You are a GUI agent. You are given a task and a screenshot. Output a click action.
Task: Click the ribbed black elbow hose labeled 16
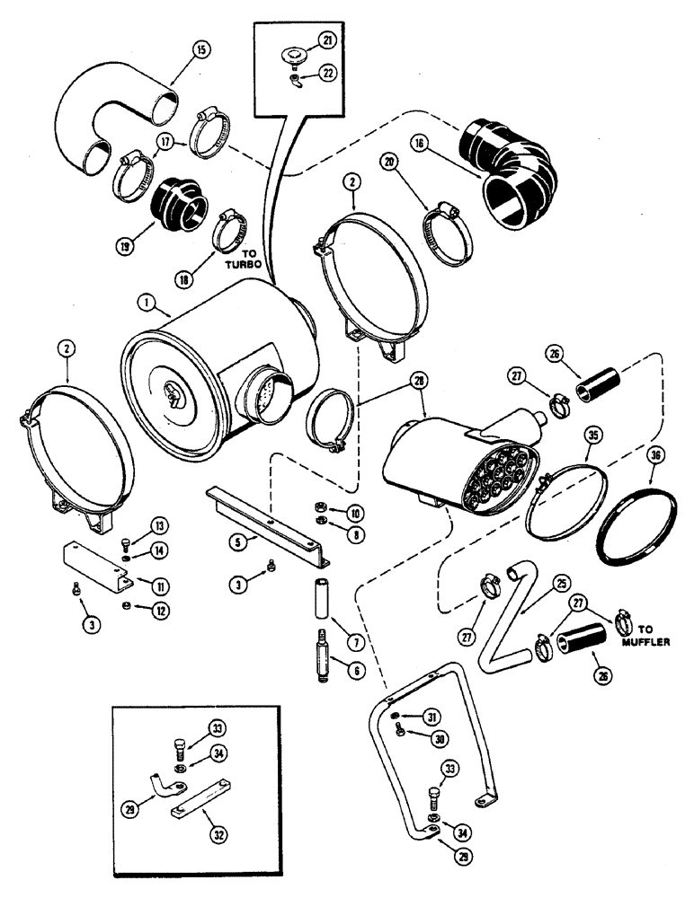508,172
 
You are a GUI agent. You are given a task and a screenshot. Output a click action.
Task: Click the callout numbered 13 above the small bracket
134,524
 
